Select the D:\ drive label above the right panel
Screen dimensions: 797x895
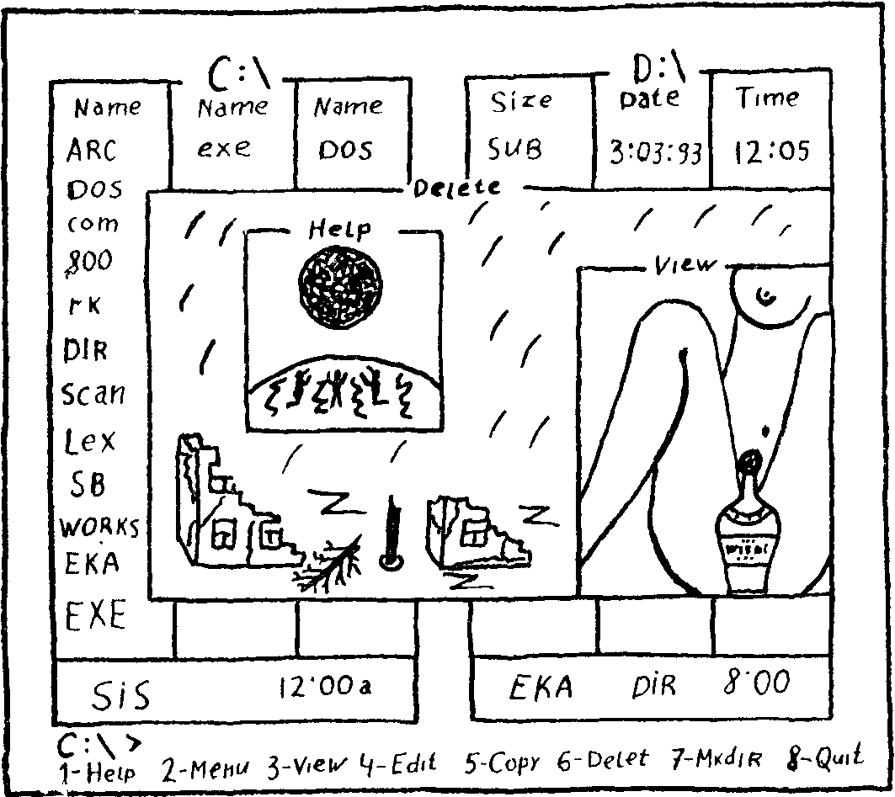click(x=660, y=66)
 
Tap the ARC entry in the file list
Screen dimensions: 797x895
click(x=92, y=151)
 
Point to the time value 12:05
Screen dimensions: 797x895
click(x=771, y=151)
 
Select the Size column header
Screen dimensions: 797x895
click(x=521, y=101)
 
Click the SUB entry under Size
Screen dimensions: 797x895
click(x=515, y=149)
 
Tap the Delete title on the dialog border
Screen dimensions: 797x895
click(x=457, y=189)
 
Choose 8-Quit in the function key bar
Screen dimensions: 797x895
click(x=824, y=757)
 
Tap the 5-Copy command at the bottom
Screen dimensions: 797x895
click(x=503, y=762)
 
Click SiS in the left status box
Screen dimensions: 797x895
click(x=121, y=696)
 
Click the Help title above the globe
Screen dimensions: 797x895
click(x=340, y=228)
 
